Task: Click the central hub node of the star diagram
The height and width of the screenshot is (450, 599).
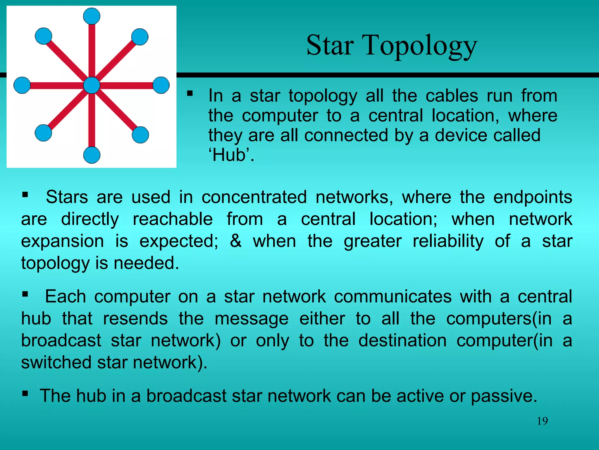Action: [x=92, y=85]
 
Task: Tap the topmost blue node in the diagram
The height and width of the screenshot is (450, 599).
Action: [x=92, y=16]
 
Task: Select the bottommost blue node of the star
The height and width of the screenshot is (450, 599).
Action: [x=92, y=155]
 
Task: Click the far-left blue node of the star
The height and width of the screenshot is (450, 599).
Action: [x=22, y=85]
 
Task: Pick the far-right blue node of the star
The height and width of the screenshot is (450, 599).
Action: [x=161, y=85]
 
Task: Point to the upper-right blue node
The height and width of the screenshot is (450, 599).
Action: [x=140, y=37]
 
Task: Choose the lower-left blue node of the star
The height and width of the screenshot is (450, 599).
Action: [x=43, y=133]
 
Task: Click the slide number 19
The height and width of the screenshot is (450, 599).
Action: [x=542, y=421]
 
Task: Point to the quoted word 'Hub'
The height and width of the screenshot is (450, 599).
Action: [x=231, y=155]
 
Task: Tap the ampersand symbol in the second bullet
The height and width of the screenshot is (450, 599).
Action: [x=236, y=241]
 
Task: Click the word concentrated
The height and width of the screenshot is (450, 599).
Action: [x=254, y=197]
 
